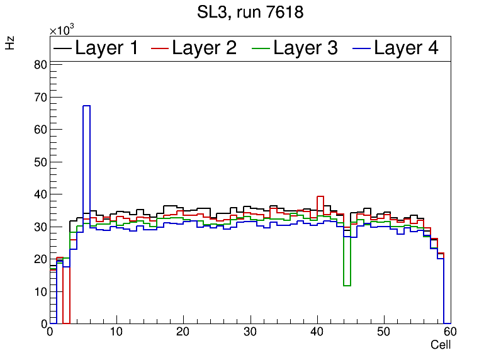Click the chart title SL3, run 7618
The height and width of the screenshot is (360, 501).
(250, 12)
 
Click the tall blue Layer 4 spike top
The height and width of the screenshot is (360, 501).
(86, 106)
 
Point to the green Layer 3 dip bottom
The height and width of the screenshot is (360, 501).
(347, 286)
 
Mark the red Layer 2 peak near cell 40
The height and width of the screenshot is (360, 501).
(320, 196)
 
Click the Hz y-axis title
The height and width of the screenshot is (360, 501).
(10, 43)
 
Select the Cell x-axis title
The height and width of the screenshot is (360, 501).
(441, 345)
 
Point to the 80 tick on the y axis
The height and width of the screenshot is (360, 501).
(40, 64)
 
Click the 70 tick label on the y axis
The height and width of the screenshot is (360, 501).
(40, 97)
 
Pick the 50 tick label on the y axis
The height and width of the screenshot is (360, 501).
(40, 162)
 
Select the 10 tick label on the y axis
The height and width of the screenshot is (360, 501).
(40, 291)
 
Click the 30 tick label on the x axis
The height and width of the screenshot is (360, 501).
(250, 332)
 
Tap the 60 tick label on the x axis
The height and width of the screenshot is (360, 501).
(450, 332)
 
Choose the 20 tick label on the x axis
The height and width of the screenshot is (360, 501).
(183, 332)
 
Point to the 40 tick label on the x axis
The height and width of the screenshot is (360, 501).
(317, 332)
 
